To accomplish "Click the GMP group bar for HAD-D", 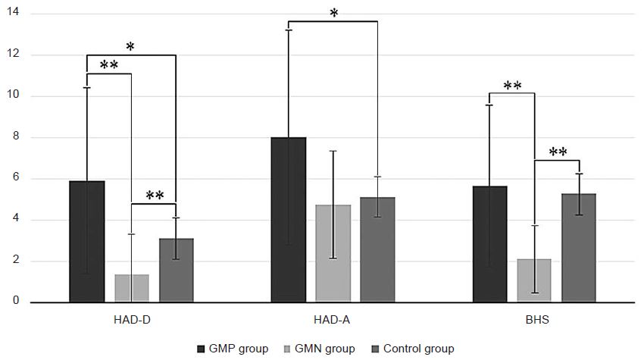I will pos(87,242).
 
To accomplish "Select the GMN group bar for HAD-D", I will pos(132,288).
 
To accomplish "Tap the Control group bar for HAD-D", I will pos(176,271).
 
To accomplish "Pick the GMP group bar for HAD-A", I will pos(289,220).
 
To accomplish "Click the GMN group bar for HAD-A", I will pos(333,254).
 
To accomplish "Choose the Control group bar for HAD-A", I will pos(377,250).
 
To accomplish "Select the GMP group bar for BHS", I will pos(490,244).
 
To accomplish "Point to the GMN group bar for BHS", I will pos(534,280).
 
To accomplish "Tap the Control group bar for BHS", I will pos(579,248).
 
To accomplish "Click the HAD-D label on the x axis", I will pos(132,321).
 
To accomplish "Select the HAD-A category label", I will pos(333,321).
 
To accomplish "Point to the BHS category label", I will pos(534,321).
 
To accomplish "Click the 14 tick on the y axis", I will pos(15,14).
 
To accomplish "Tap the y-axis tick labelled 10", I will pos(15,96).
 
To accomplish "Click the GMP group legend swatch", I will pos(201,349).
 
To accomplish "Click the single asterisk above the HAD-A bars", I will pos(333,13).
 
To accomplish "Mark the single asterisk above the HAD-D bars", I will pos(131,47).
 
